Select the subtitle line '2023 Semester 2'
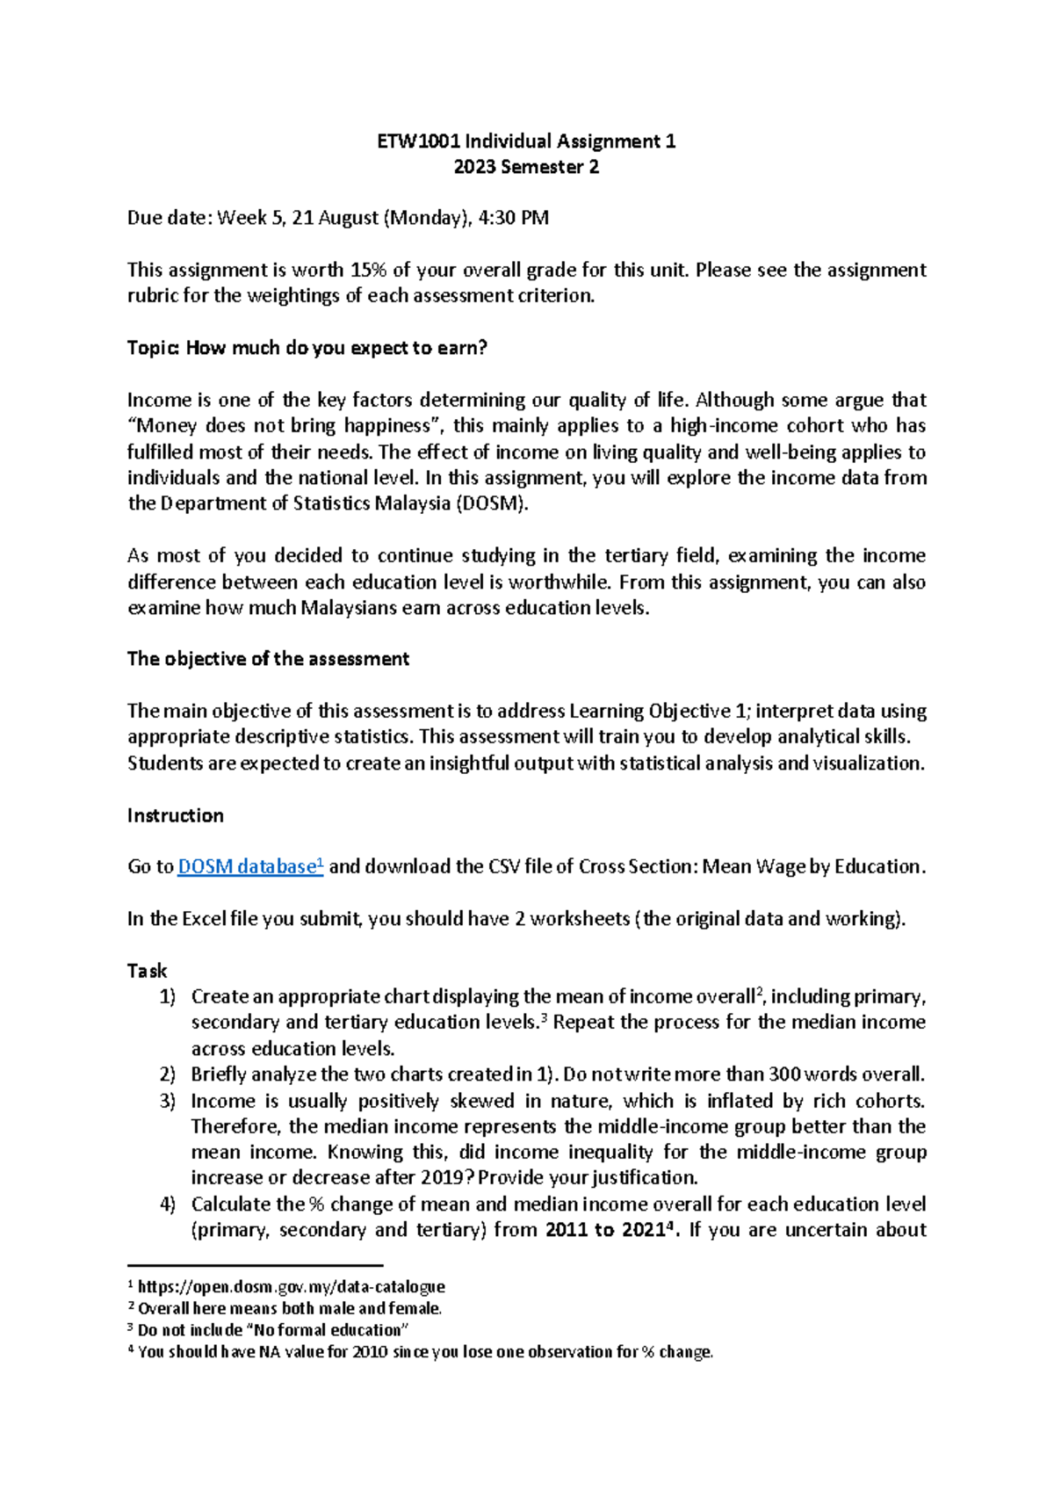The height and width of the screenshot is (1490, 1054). (526, 167)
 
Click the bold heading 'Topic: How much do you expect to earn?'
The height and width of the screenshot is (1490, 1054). (307, 348)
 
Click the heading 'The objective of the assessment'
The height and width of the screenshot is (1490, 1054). (268, 659)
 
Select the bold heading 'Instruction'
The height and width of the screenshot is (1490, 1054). (175, 815)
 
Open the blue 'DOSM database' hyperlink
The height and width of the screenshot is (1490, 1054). (249, 867)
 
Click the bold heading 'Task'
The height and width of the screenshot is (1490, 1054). (147, 971)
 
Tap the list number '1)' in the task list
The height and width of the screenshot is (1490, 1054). (168, 996)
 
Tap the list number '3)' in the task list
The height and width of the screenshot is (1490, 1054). (168, 1101)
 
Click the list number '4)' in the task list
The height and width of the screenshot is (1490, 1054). (168, 1204)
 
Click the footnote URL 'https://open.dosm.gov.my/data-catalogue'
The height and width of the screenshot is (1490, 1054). (291, 1287)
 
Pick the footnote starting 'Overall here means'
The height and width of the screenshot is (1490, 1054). (289, 1308)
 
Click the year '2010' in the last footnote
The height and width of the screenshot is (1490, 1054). (370, 1352)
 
